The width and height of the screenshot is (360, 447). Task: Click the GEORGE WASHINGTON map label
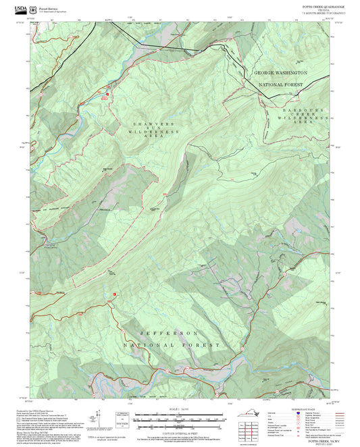tap(280, 72)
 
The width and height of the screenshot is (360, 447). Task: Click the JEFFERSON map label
tap(169, 334)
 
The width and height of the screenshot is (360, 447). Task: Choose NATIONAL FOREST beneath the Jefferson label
tap(172, 345)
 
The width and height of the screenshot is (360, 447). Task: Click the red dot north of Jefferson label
tap(115, 294)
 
